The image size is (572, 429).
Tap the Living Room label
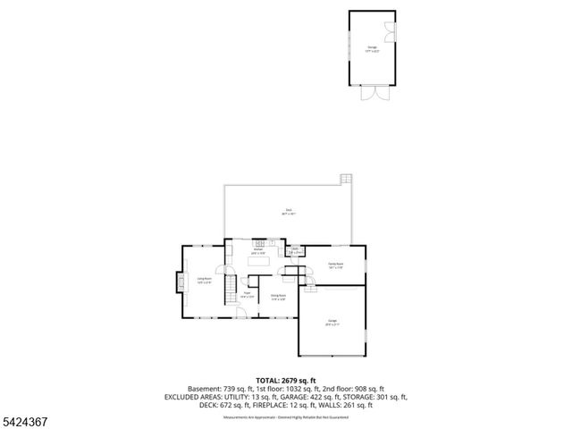[x=205, y=280]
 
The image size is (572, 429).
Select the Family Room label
[x=336, y=265]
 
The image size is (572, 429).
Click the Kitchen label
[x=257, y=251]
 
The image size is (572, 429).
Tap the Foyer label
[x=247, y=294]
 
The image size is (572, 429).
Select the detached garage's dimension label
[x=373, y=52]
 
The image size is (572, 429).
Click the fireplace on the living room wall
[x=174, y=282]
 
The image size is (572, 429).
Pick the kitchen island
[x=264, y=263]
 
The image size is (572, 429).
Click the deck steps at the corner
[x=347, y=180]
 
